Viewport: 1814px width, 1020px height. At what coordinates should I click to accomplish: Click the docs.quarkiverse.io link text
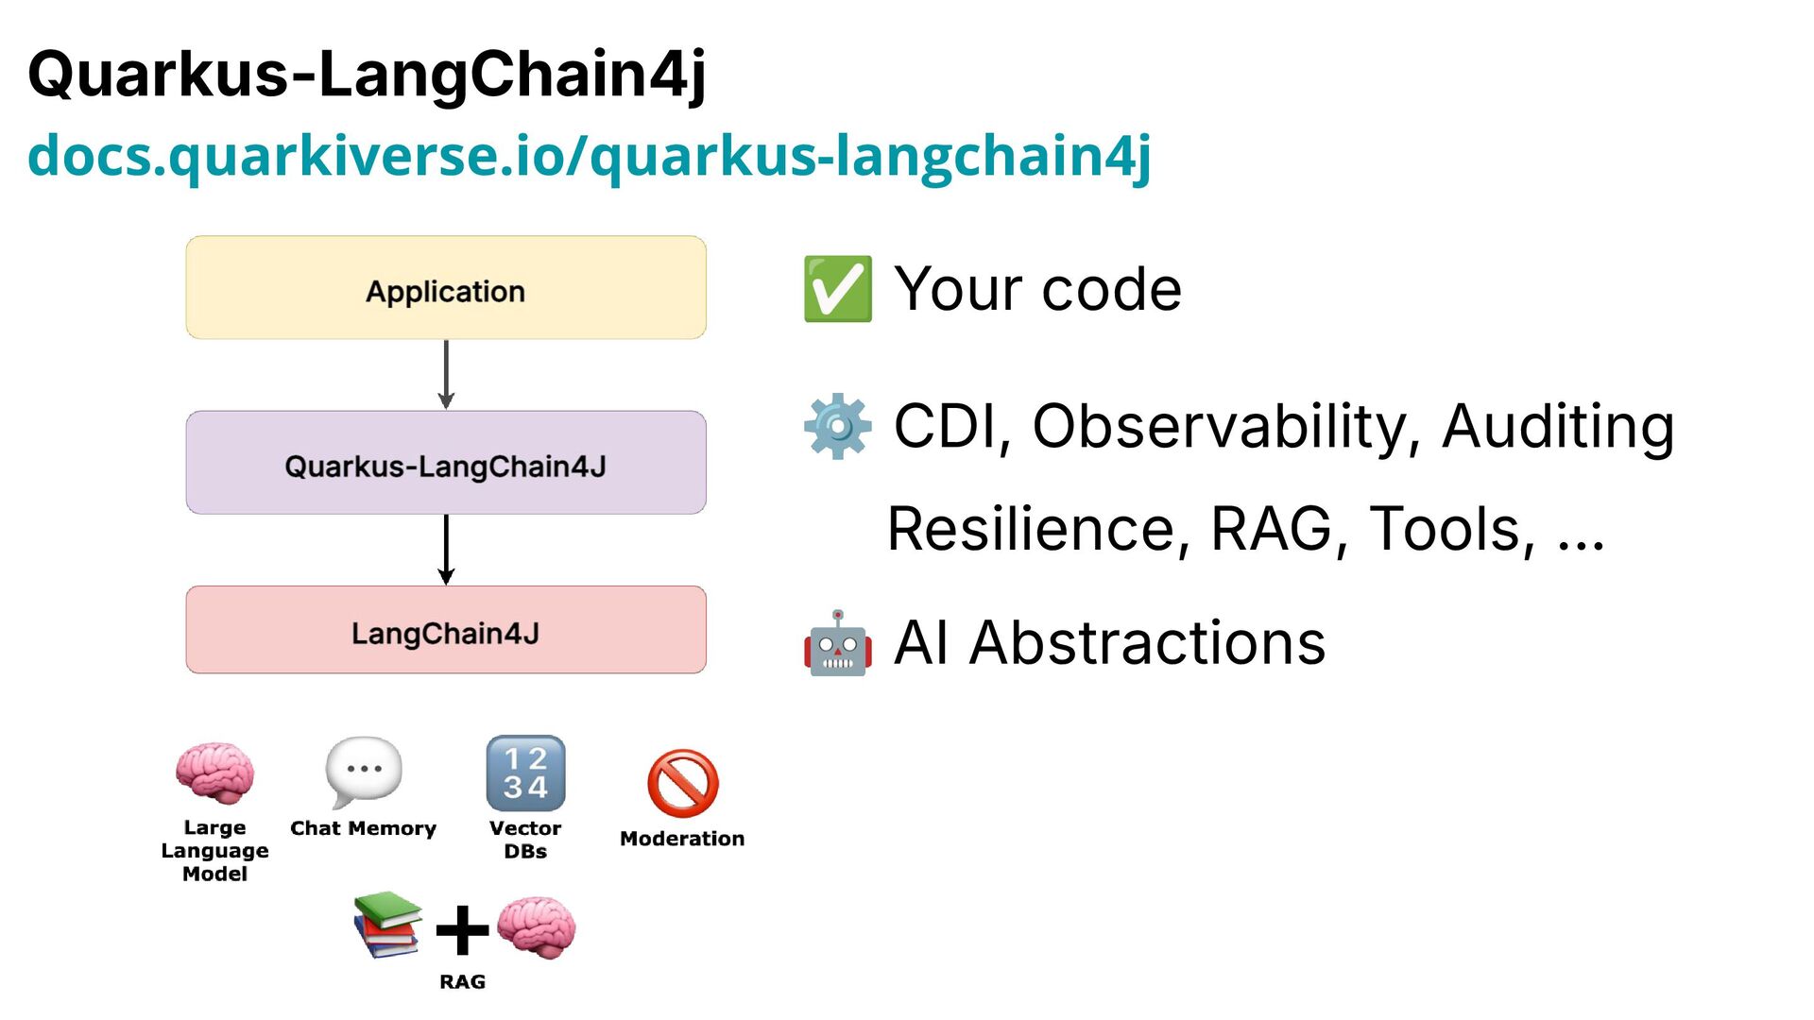coord(589,156)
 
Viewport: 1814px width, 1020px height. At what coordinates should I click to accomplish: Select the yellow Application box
coord(446,288)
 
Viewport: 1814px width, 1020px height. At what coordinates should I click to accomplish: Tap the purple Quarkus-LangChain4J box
coord(446,463)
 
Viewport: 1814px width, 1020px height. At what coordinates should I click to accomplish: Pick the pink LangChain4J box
coord(446,630)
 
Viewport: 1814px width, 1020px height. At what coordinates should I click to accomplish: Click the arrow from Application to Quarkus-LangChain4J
coord(446,374)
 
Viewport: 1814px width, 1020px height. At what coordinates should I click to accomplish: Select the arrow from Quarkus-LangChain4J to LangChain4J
coord(446,549)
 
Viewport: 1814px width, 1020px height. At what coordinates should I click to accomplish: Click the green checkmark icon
coord(837,289)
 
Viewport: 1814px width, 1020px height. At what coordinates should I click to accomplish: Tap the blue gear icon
coord(837,426)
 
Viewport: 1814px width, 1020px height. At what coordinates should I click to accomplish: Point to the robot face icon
coord(837,644)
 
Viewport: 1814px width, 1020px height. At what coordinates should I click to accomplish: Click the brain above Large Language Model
coord(215,773)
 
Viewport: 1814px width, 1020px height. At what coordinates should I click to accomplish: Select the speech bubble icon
coord(363,771)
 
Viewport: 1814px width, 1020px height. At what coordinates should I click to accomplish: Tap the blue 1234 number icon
coord(525,773)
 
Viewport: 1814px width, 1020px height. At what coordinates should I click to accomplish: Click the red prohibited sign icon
coord(682,783)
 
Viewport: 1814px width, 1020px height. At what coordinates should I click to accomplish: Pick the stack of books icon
coord(387,925)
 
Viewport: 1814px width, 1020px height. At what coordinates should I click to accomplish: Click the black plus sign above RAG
coord(462,930)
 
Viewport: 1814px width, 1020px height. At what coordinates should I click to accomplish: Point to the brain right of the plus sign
coord(536,927)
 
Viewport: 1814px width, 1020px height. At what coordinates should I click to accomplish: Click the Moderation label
coord(682,839)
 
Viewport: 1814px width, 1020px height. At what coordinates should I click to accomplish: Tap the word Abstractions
coord(1147,643)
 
